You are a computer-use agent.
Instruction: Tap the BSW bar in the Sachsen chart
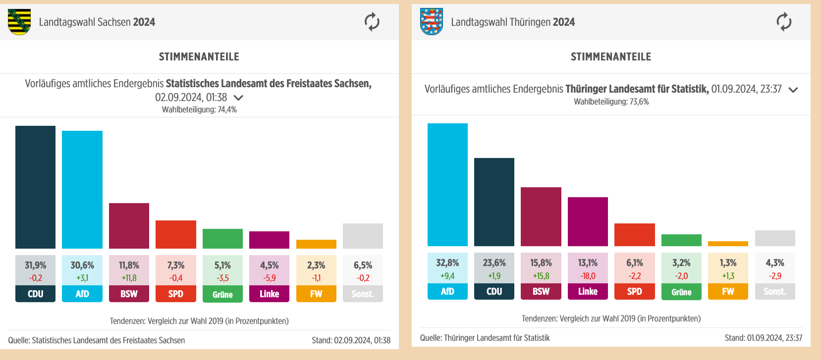click(x=129, y=226)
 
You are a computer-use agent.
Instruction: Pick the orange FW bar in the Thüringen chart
click(x=728, y=244)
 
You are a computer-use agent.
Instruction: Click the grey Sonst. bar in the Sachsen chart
click(x=363, y=236)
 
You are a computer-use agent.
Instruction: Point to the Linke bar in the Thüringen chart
click(x=588, y=221)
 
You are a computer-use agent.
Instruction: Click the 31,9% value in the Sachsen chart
click(x=35, y=265)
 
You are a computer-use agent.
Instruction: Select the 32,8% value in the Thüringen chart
click(x=447, y=263)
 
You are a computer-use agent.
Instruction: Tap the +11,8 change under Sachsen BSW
click(x=129, y=278)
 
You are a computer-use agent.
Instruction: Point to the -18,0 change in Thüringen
click(x=588, y=276)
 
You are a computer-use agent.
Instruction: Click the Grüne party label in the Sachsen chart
click(x=222, y=294)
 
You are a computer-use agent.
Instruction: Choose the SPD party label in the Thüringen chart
click(x=635, y=292)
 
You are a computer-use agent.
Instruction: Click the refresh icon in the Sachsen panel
click(x=372, y=22)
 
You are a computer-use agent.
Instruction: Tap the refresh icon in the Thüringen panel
click(x=784, y=22)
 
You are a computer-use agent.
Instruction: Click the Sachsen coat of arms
click(x=19, y=22)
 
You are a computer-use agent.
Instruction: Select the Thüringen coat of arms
click(x=432, y=22)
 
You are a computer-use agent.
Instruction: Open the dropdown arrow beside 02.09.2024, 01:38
click(x=238, y=98)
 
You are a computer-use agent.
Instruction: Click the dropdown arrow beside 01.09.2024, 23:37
click(x=793, y=90)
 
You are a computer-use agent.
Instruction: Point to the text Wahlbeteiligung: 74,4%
click(x=199, y=109)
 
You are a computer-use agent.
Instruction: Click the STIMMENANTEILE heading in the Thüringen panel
click(x=611, y=57)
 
